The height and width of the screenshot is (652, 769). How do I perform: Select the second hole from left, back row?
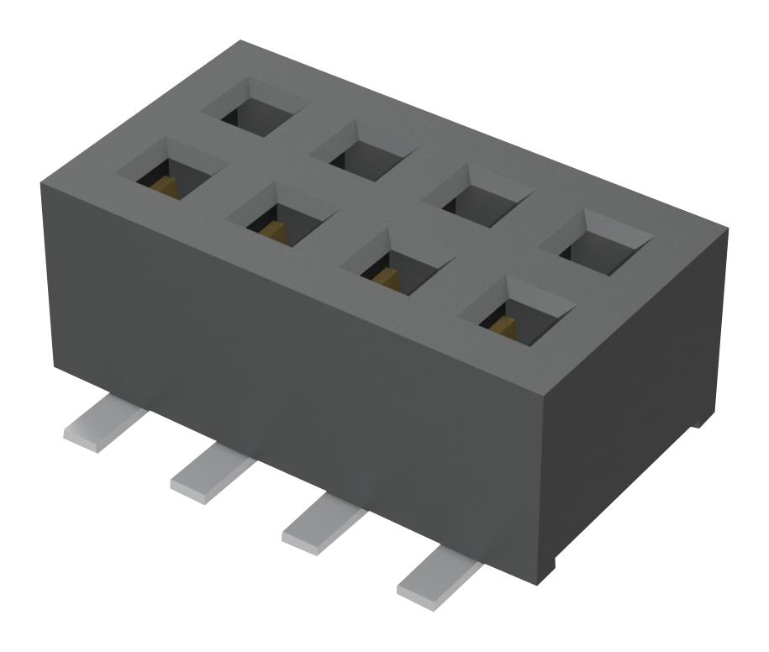coord(363,150)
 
